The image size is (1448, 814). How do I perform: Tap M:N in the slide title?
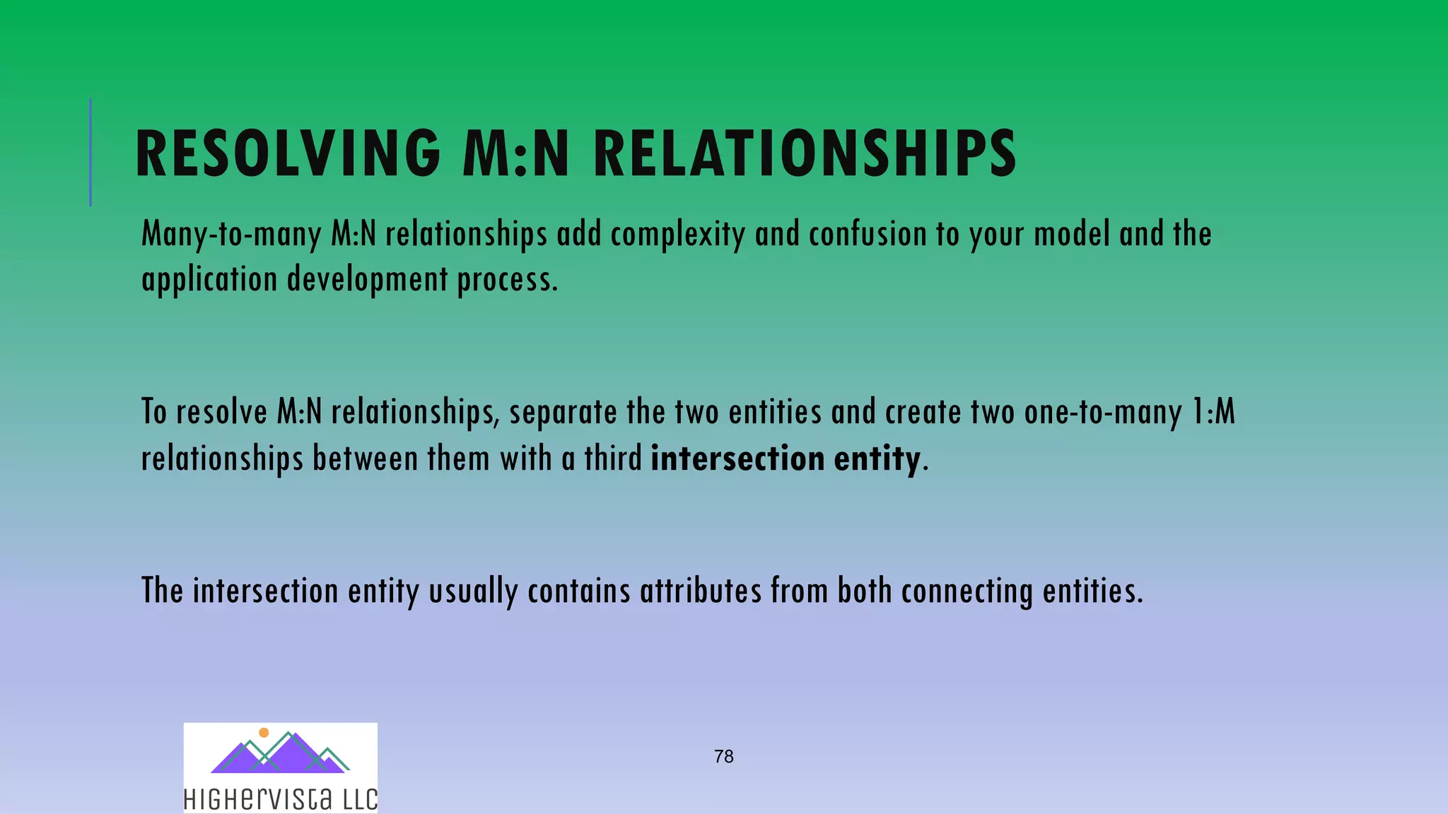(515, 153)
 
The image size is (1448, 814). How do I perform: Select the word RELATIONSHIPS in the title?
(805, 153)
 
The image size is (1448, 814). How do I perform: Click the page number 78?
(723, 757)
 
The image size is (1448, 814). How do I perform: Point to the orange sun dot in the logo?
(264, 733)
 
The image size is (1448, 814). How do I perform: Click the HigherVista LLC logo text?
(280, 799)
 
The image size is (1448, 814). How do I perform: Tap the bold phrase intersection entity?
(785, 459)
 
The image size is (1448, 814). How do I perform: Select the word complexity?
(677, 235)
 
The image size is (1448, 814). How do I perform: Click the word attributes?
(701, 591)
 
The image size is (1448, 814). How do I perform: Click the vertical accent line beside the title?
(90, 152)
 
